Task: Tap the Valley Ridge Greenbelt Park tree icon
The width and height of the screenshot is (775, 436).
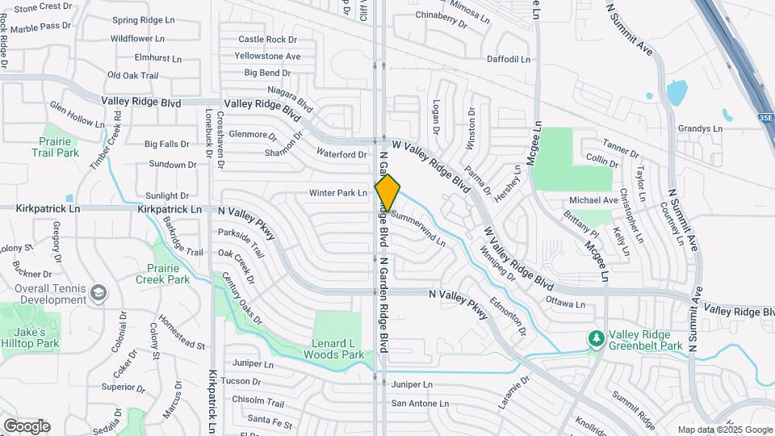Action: click(x=596, y=337)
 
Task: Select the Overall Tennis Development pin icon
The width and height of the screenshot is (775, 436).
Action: click(x=98, y=291)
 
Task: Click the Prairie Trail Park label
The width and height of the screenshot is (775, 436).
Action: click(x=57, y=146)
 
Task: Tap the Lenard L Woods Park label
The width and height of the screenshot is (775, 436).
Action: click(x=338, y=348)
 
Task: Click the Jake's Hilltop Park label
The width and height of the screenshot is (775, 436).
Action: click(x=31, y=337)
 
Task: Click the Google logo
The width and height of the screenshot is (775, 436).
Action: click(x=26, y=426)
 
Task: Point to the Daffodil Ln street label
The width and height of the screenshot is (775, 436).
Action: click(x=508, y=59)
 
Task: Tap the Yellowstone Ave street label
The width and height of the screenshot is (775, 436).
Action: click(x=267, y=57)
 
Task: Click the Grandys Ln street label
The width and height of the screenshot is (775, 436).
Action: click(x=699, y=128)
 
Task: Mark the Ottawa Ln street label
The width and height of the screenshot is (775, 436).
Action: click(x=565, y=304)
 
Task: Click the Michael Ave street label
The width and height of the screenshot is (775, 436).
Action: click(x=593, y=200)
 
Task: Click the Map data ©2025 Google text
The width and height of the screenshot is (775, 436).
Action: click(x=725, y=430)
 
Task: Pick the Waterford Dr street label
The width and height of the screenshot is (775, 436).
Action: click(x=341, y=153)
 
